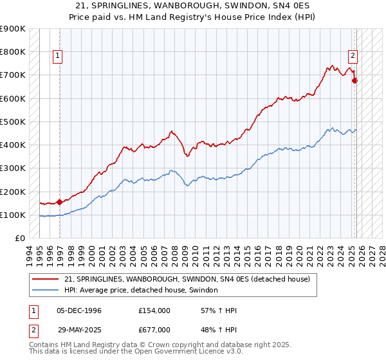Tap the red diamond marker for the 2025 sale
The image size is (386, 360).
[x=354, y=80]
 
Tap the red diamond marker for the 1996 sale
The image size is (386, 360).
[x=60, y=202]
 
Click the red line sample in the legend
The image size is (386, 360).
[x=46, y=279]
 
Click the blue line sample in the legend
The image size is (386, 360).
[x=46, y=291]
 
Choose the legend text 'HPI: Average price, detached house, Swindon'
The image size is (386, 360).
[x=142, y=291]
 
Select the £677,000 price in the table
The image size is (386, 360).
[x=154, y=329]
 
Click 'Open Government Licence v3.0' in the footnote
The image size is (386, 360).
[x=187, y=353]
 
